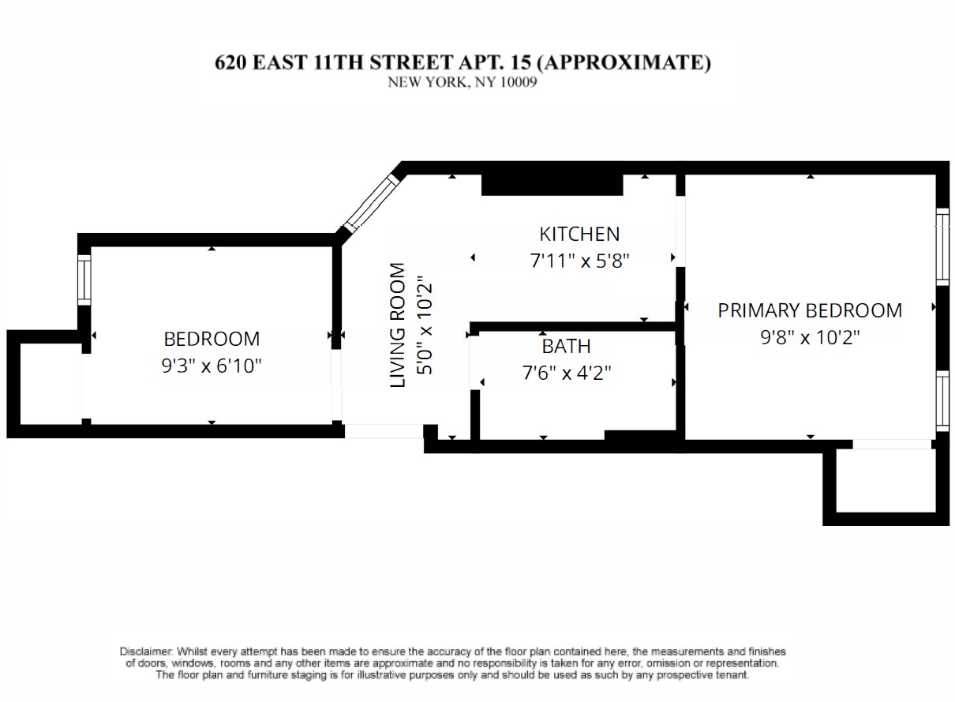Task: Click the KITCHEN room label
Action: (579, 235)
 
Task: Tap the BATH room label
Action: (566, 347)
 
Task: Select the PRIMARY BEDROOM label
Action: (810, 310)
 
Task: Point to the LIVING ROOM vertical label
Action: (397, 325)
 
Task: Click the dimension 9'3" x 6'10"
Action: (212, 366)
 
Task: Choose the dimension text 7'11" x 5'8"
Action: (579, 261)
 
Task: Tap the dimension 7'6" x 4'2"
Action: (567, 374)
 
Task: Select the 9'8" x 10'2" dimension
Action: (810, 337)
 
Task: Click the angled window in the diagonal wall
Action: (370, 204)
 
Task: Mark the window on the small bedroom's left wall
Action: (84, 280)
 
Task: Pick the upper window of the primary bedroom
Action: (942, 247)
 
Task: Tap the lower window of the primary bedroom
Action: (942, 401)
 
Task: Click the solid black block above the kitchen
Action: (552, 185)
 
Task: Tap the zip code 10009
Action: (518, 82)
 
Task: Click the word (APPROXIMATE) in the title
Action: (624, 62)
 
